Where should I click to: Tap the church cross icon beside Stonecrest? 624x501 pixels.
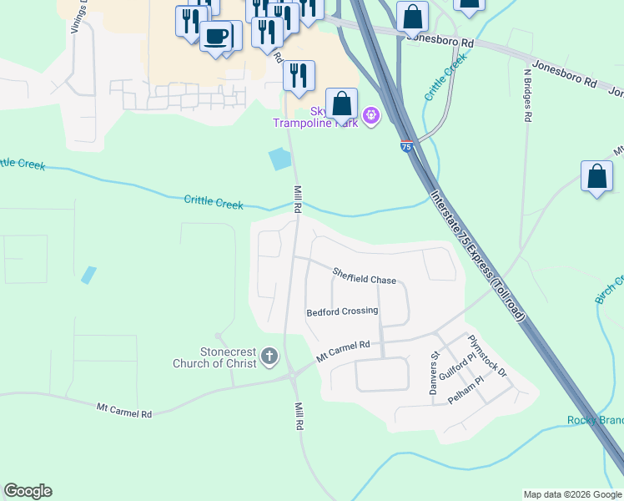[269, 357]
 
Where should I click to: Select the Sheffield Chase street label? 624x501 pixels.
[364, 276]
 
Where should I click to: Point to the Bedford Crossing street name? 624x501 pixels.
[342, 311]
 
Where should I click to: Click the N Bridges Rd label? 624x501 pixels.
[527, 95]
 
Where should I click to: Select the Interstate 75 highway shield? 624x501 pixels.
[406, 146]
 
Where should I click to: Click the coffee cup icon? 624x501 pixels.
[217, 36]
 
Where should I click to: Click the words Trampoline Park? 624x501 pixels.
[316, 123]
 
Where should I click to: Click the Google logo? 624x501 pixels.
[28, 491]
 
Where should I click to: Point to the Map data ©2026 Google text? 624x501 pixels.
[572, 494]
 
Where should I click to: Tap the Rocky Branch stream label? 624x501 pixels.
[595, 420]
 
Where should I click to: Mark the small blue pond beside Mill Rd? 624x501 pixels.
[280, 158]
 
